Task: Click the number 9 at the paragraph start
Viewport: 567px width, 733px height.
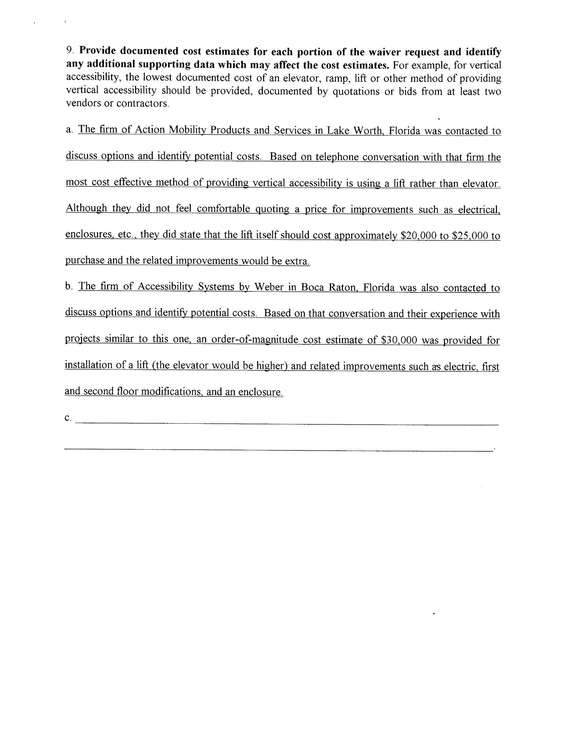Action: click(69, 50)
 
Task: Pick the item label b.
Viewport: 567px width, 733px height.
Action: click(69, 286)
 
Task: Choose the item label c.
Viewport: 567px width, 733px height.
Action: click(68, 418)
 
